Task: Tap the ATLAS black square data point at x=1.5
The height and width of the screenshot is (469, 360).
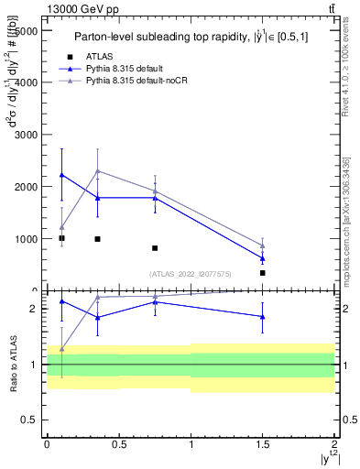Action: point(263,273)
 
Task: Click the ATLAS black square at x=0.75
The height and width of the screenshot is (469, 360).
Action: point(155,248)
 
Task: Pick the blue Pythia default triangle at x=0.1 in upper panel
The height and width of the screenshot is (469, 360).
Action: point(61,175)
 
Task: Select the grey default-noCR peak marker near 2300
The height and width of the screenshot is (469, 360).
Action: point(97,170)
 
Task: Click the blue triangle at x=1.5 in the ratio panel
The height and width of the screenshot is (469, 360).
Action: point(263,317)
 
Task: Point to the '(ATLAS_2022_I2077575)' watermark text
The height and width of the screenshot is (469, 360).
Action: point(191,273)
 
